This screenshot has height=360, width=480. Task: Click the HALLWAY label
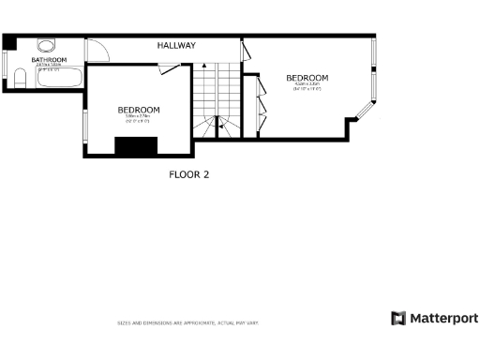(176, 45)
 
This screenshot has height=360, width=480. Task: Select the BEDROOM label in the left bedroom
(139, 110)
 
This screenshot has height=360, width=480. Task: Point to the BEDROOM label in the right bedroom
(307, 78)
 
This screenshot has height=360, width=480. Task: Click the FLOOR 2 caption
(188, 173)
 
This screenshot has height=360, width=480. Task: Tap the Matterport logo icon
(398, 318)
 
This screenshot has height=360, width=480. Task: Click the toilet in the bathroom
(18, 81)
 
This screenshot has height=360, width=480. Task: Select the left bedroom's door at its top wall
(170, 67)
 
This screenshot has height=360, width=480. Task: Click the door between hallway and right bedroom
(245, 52)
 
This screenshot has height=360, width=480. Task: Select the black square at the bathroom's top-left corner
(8, 40)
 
